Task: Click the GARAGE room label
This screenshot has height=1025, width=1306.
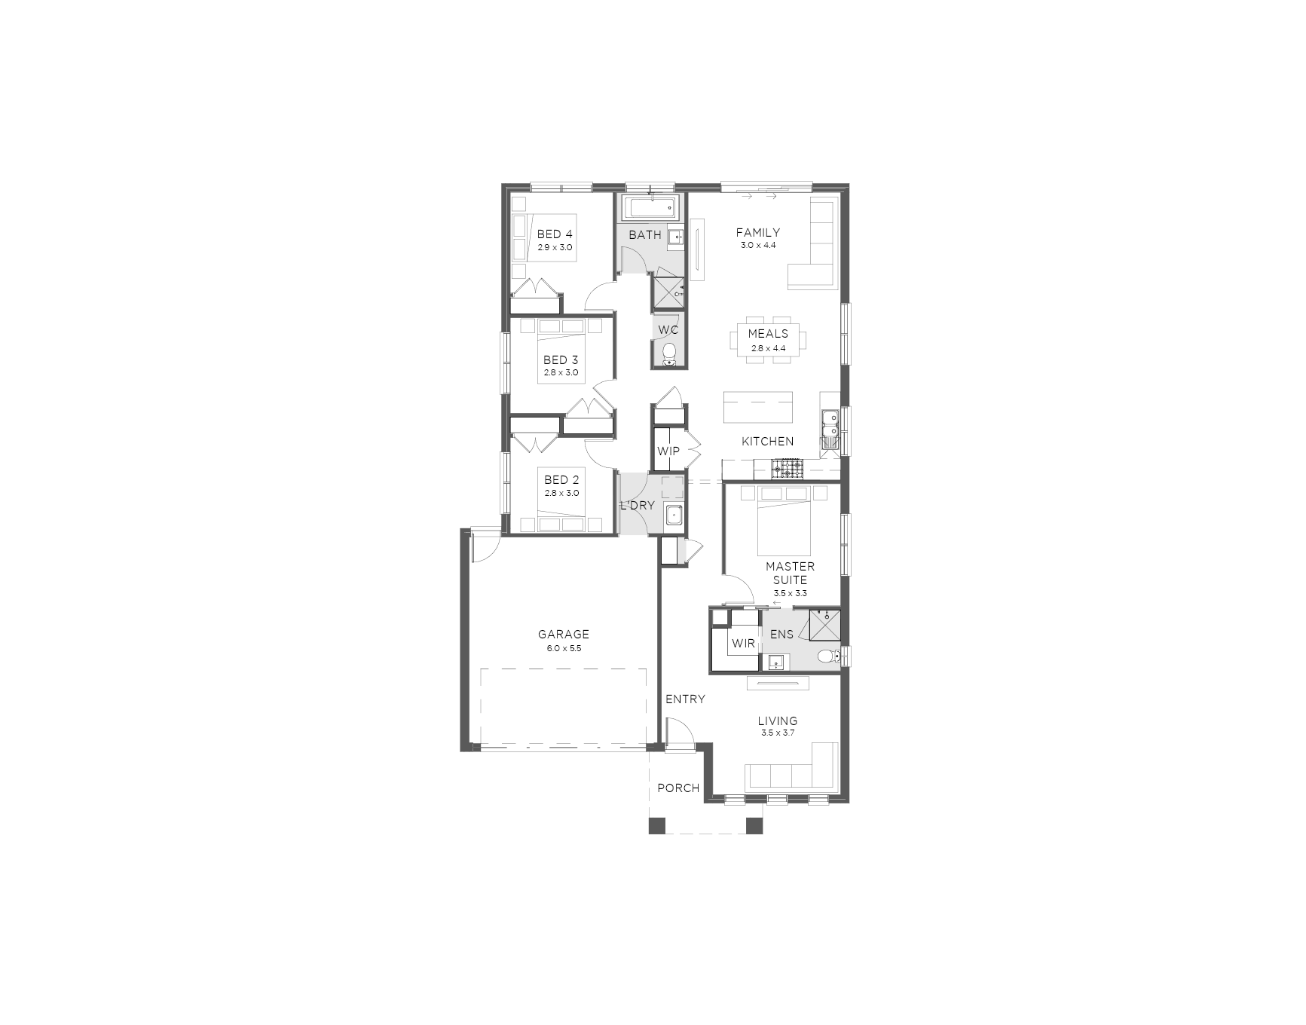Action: pyautogui.click(x=563, y=635)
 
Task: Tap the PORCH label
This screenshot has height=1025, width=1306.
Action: pyautogui.click(x=678, y=788)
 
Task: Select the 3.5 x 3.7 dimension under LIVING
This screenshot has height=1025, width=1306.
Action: pyautogui.click(x=778, y=733)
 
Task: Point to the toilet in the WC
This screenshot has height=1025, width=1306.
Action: pyautogui.click(x=669, y=354)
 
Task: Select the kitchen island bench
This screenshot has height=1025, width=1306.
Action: pyautogui.click(x=758, y=408)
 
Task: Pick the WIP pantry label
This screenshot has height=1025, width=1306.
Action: pyautogui.click(x=668, y=451)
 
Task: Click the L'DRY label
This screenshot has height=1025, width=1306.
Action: pyautogui.click(x=638, y=506)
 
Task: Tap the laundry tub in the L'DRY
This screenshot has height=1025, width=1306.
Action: pyautogui.click(x=674, y=516)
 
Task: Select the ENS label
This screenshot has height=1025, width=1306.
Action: pyautogui.click(x=781, y=635)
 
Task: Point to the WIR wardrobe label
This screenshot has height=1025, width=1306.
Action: pyautogui.click(x=743, y=644)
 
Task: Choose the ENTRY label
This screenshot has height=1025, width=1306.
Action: pyautogui.click(x=685, y=699)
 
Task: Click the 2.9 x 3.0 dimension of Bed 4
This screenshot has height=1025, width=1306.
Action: pyautogui.click(x=555, y=247)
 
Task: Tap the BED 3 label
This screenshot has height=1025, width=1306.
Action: pyautogui.click(x=561, y=360)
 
